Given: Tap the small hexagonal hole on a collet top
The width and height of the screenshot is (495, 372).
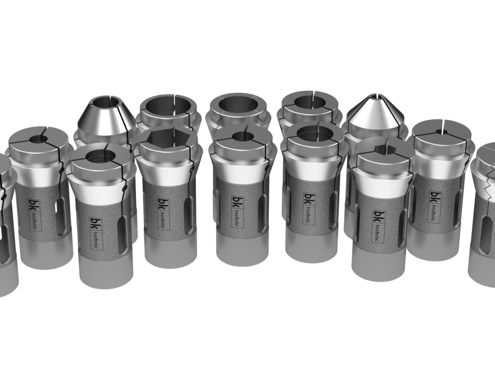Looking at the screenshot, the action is point(386,148).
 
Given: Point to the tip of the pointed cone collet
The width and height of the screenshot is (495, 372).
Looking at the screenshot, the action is point(375,95).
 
